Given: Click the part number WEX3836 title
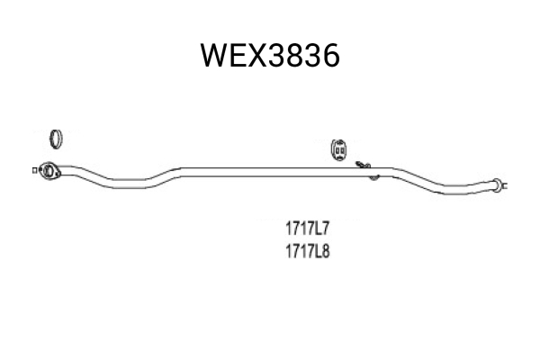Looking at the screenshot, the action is pyautogui.click(x=270, y=56).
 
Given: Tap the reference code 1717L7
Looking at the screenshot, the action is pyautogui.click(x=308, y=229).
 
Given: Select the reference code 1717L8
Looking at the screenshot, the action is pyautogui.click(x=308, y=251).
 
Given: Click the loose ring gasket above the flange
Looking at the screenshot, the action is pyautogui.click(x=56, y=139).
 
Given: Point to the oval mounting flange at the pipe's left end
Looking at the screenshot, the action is pyautogui.click(x=49, y=171).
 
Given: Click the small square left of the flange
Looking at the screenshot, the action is pyautogui.click(x=34, y=170).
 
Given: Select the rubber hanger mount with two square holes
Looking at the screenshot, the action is pyautogui.click(x=338, y=150).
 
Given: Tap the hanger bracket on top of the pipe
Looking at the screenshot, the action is pyautogui.click(x=364, y=165).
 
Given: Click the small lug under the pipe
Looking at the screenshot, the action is pyautogui.click(x=374, y=178).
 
